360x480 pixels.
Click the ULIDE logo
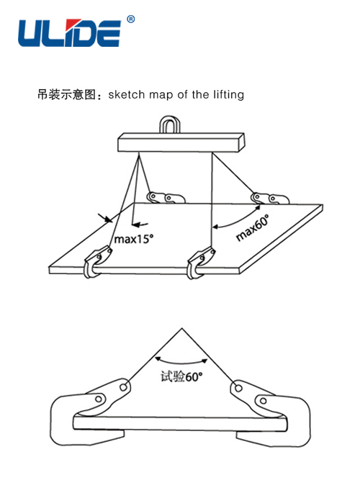tap(70, 33)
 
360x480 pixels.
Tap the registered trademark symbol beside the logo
tap(130, 19)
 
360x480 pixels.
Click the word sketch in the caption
tap(126, 94)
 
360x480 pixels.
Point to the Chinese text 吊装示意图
tap(67, 94)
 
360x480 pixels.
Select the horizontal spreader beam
tap(181, 142)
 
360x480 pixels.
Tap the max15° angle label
tap(134, 239)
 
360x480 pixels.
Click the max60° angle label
tap(253, 227)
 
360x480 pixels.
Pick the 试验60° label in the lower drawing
tap(181, 376)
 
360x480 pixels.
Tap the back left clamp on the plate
tap(166, 197)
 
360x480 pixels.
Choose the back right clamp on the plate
tap(270, 199)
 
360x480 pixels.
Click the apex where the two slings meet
tap(182, 328)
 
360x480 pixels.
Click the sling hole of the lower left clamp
tap(124, 388)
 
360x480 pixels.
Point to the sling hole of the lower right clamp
tap(238, 389)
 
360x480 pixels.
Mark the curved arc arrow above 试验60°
tap(181, 363)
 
